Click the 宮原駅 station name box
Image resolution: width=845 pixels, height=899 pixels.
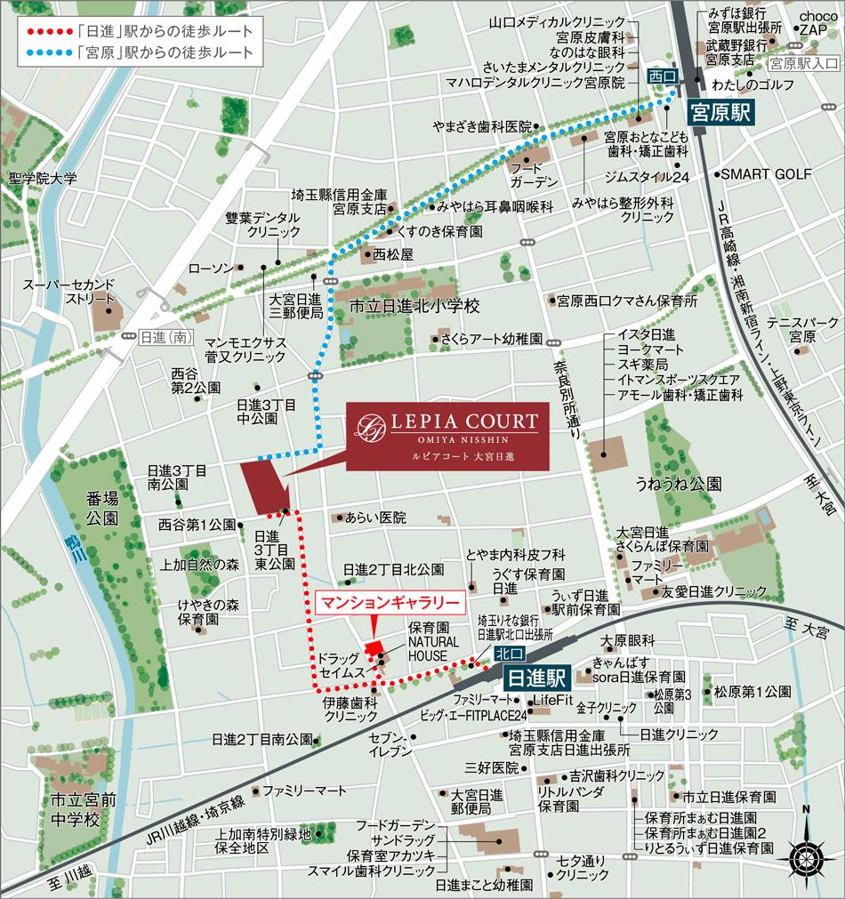coord(721,114)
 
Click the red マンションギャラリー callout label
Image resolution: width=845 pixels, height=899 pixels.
coord(390,602)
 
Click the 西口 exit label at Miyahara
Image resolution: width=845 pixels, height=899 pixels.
coord(662,75)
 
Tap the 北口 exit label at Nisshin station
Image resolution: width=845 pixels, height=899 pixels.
coord(503,654)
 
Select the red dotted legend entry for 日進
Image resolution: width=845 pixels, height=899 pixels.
coord(138,31)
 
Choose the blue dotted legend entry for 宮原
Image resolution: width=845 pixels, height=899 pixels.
coord(138,52)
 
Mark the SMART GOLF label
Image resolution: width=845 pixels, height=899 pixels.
coord(766,174)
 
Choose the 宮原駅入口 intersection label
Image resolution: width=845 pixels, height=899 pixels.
coord(803,64)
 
